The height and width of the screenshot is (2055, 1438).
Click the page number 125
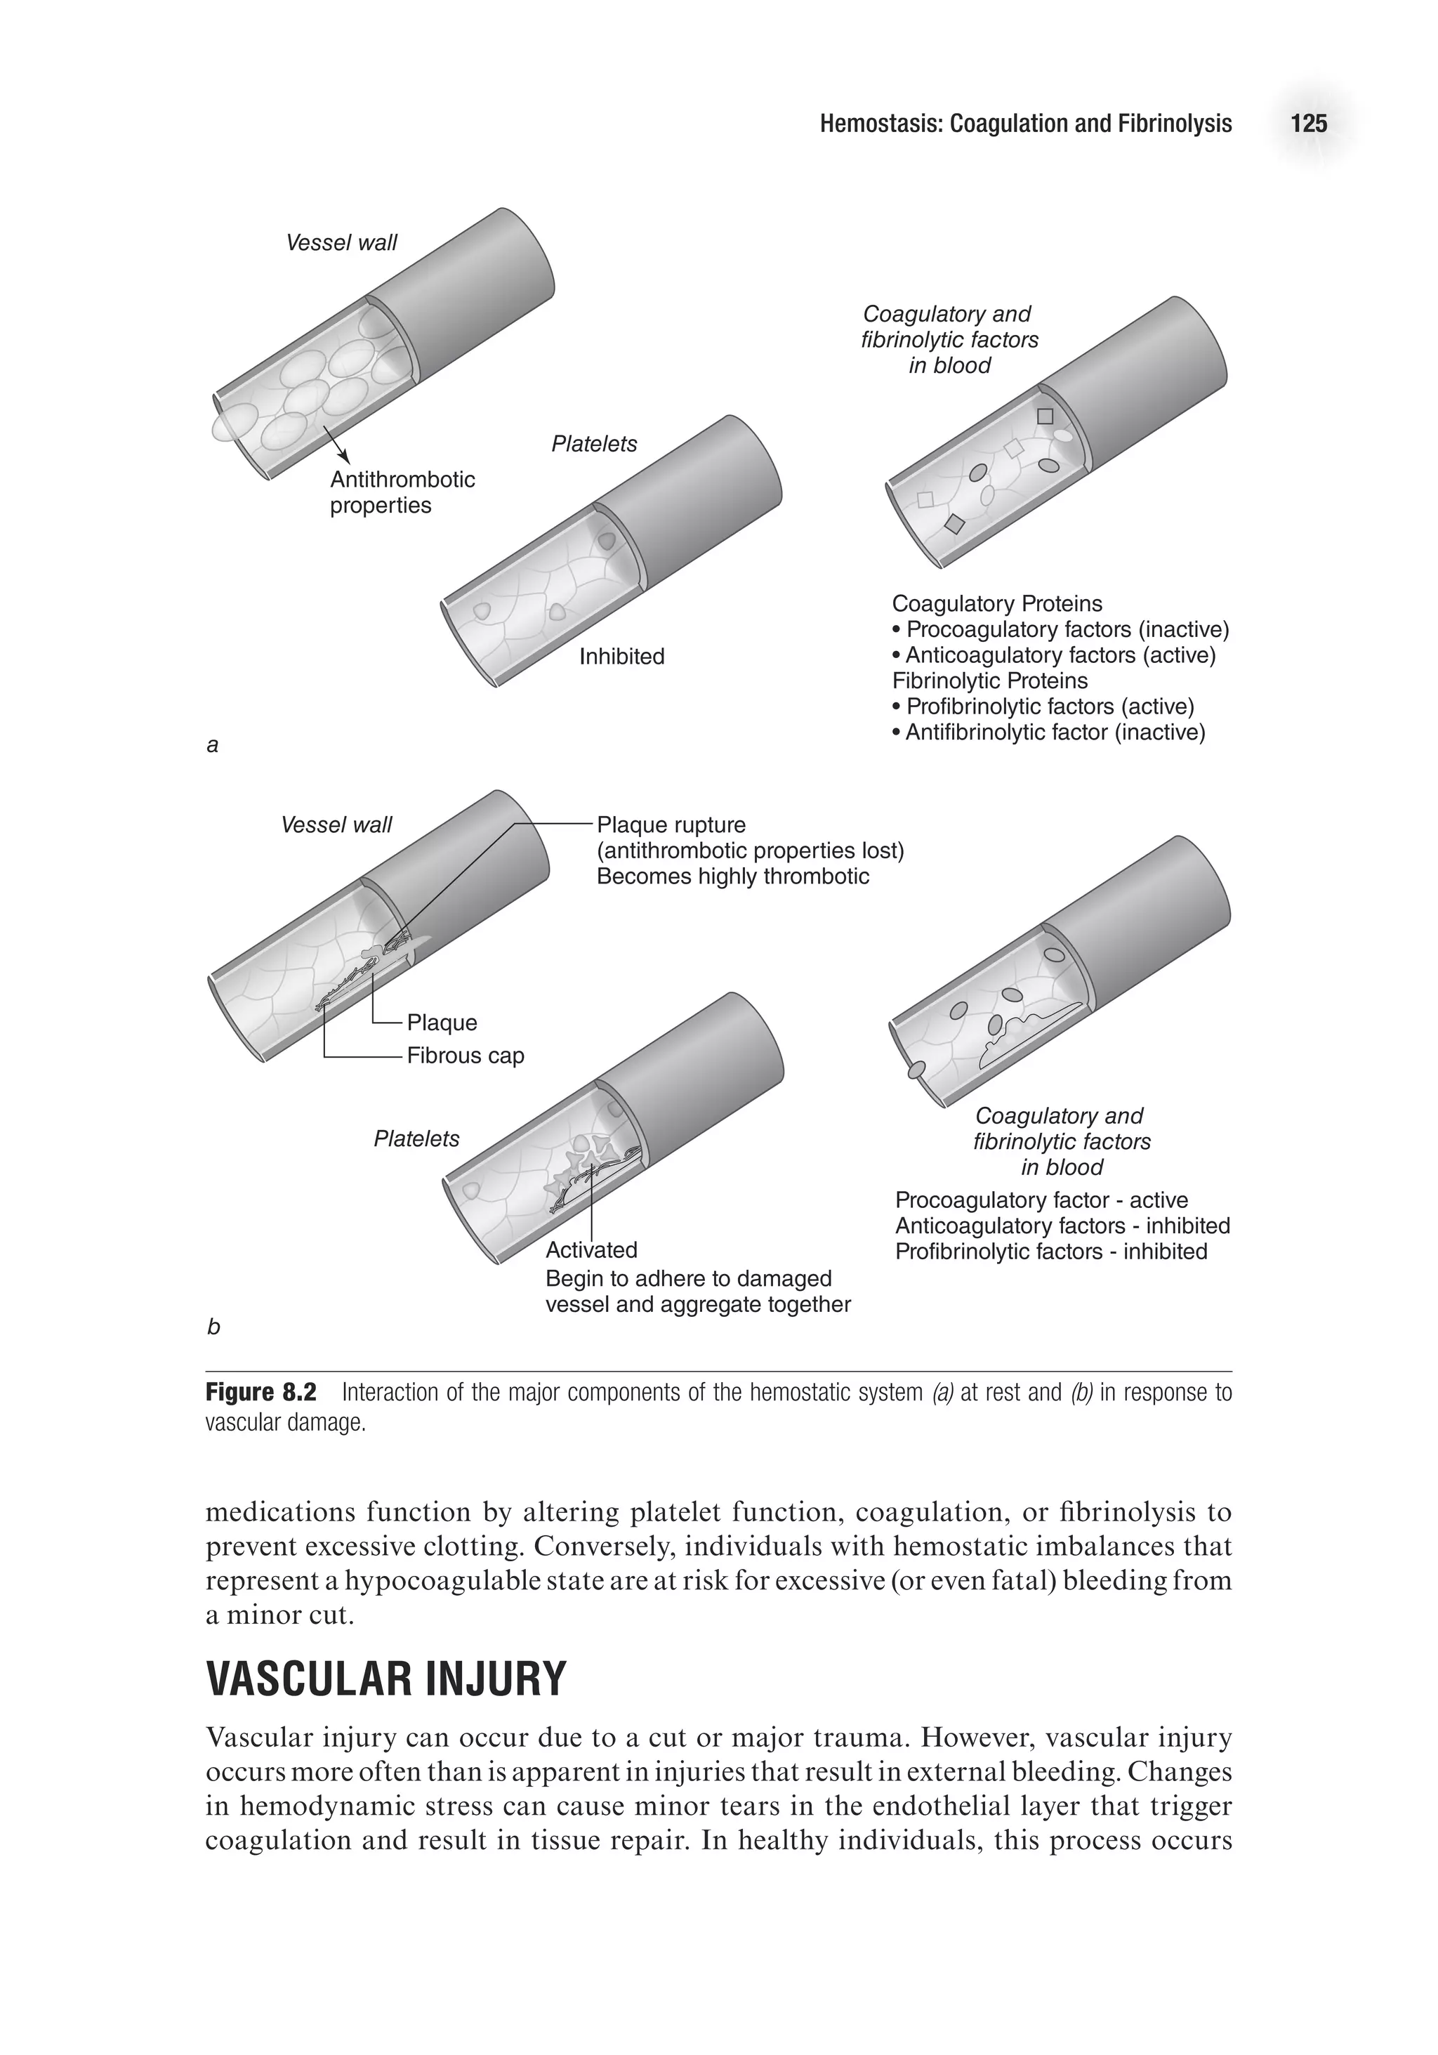(1307, 124)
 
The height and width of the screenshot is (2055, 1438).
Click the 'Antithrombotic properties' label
(402, 492)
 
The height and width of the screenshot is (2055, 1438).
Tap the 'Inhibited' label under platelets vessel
(621, 656)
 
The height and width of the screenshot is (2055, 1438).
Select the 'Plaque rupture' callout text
(671, 825)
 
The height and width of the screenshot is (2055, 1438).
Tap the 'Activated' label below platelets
(591, 1249)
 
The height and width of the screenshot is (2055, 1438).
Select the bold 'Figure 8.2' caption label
(260, 1393)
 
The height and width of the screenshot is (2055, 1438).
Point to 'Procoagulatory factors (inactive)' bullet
(1067, 629)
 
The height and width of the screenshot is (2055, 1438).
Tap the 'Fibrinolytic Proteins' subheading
(990, 681)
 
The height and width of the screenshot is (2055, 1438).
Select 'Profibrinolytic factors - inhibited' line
(1050, 1252)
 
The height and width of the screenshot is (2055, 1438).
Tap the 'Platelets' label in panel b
(416, 1138)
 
